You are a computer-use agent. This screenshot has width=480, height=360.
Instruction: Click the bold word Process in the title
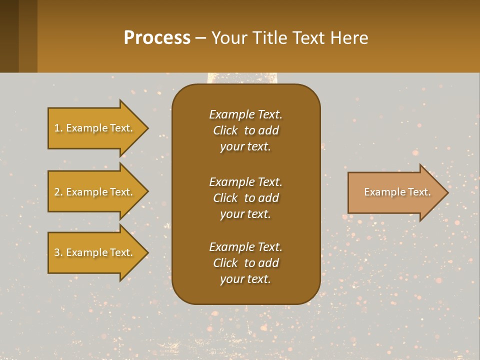pyautogui.click(x=157, y=38)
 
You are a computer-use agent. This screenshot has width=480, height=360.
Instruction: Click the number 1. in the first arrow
pyautogui.click(x=58, y=128)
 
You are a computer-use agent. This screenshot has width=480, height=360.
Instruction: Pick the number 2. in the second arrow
pyautogui.click(x=58, y=192)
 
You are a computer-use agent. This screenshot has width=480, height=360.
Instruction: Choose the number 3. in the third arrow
pyautogui.click(x=58, y=252)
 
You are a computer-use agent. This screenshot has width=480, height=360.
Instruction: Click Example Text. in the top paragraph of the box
pyautogui.click(x=245, y=114)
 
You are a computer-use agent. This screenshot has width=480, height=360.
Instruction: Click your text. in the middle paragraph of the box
pyautogui.click(x=245, y=214)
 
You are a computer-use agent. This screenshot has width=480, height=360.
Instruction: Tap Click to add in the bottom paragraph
pyautogui.click(x=245, y=263)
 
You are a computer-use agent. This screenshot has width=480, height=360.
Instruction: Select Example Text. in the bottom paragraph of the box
pyautogui.click(x=245, y=247)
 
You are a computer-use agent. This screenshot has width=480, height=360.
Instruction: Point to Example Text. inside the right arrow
pyautogui.click(x=397, y=192)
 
